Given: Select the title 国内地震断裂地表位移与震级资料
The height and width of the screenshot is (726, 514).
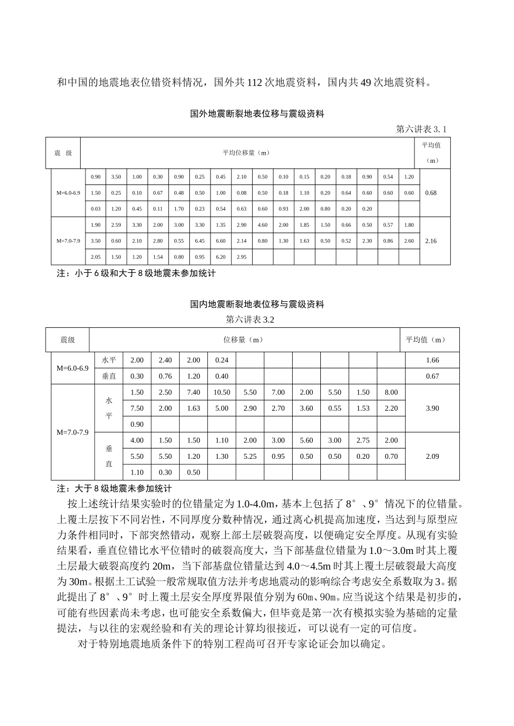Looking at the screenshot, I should click(x=257, y=305).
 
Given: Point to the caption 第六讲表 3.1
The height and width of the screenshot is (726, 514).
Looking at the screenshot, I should click(x=421, y=129).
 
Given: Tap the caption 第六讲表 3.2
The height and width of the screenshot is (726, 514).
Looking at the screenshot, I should click(x=250, y=320).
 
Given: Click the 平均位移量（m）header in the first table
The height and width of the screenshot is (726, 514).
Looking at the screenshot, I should click(x=246, y=153).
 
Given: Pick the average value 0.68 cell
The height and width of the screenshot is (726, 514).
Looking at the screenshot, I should click(x=431, y=193).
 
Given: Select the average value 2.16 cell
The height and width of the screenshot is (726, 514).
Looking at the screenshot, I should click(x=431, y=241).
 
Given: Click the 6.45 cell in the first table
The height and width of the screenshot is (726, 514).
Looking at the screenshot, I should click(x=200, y=241).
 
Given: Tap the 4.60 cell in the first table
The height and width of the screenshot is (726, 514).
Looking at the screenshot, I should click(x=262, y=225).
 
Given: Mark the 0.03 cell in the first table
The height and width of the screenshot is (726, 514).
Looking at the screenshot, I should click(x=96, y=209).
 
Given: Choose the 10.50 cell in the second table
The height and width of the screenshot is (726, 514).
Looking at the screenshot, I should click(x=222, y=393).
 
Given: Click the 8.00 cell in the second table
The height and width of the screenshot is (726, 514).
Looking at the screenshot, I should click(x=391, y=393).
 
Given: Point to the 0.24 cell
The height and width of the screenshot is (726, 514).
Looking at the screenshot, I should click(x=222, y=360).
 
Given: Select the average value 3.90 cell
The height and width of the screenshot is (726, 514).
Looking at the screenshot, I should click(x=432, y=408).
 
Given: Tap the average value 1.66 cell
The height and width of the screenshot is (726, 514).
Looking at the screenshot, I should click(x=432, y=360).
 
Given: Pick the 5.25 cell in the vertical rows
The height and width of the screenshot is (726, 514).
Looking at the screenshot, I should click(x=250, y=457).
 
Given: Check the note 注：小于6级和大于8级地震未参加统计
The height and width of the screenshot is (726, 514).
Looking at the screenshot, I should click(x=136, y=274).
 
